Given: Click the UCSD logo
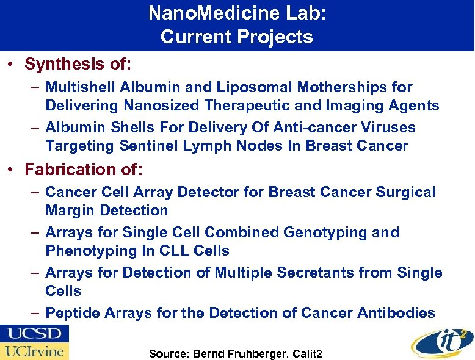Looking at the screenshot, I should (34, 334).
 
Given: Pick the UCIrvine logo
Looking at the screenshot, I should (34, 351).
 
